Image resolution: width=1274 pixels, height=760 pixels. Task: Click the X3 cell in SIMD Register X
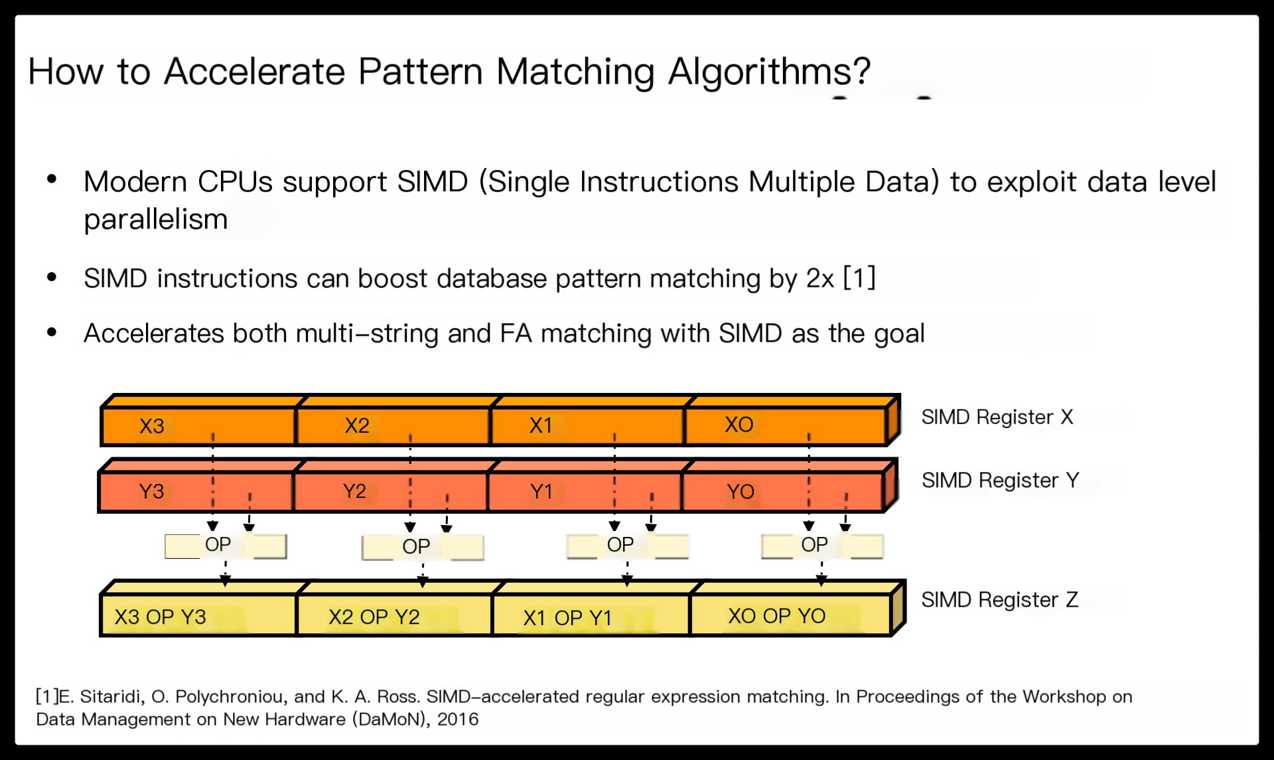point(198,425)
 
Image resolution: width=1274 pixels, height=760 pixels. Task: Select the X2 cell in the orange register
point(393,425)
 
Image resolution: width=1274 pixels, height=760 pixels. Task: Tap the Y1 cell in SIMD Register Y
point(585,492)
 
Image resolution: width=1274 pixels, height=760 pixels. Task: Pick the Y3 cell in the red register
point(196,492)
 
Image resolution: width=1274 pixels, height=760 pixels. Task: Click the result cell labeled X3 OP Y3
point(198,615)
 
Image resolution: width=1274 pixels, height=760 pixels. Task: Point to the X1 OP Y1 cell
point(591,615)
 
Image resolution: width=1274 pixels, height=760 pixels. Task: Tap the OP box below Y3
point(226,546)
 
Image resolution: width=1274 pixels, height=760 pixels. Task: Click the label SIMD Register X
point(997,417)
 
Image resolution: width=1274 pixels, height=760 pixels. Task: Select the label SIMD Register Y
point(1000,480)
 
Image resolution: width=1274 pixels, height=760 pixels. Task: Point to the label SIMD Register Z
point(999,599)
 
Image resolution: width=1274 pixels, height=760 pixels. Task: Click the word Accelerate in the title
point(254,71)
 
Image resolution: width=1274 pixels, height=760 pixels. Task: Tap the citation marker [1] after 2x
point(859,277)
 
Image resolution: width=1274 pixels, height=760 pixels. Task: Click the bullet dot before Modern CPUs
point(52,179)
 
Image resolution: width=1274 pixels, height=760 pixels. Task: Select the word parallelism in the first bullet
point(156,219)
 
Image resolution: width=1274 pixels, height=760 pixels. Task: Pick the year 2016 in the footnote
point(457,719)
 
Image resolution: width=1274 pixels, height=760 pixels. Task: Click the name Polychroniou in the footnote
point(230,696)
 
